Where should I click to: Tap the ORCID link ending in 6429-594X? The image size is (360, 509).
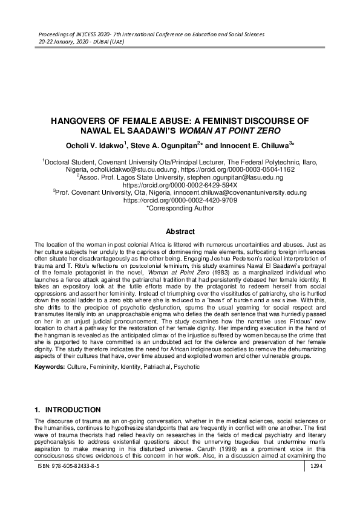coord(180,186)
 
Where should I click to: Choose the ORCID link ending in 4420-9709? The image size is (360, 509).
coord(180,201)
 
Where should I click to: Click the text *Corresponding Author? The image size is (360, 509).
coord(180,209)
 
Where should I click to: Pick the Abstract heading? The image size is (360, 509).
coord(180,232)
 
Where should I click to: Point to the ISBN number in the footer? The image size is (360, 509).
coord(67,484)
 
